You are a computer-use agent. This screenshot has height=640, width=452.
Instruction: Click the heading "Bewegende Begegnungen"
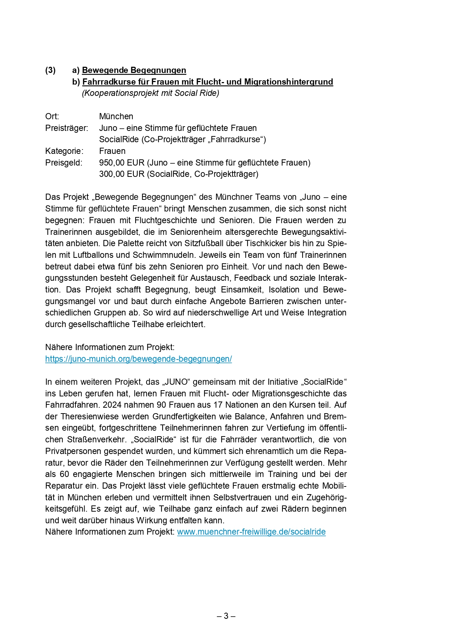(134, 70)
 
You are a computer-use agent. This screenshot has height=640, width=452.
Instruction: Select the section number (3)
(50, 70)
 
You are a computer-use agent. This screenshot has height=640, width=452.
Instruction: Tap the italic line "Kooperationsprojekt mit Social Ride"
(151, 93)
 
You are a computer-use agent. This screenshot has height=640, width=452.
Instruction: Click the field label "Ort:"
(52, 116)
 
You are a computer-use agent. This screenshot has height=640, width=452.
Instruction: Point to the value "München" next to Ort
(116, 116)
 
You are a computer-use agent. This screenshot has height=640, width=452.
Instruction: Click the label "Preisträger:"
(66, 128)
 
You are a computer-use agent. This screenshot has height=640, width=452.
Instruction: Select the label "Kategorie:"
(64, 151)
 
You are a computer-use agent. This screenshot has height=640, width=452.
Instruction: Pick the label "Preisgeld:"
(64, 163)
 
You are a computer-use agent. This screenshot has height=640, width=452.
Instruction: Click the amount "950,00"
(112, 163)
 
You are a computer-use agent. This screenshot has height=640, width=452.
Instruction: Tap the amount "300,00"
(112, 174)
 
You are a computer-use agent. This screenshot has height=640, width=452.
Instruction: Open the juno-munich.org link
(139, 359)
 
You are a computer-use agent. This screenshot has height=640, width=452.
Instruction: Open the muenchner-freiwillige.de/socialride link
(251, 532)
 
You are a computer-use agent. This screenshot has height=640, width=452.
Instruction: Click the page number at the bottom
(226, 616)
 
